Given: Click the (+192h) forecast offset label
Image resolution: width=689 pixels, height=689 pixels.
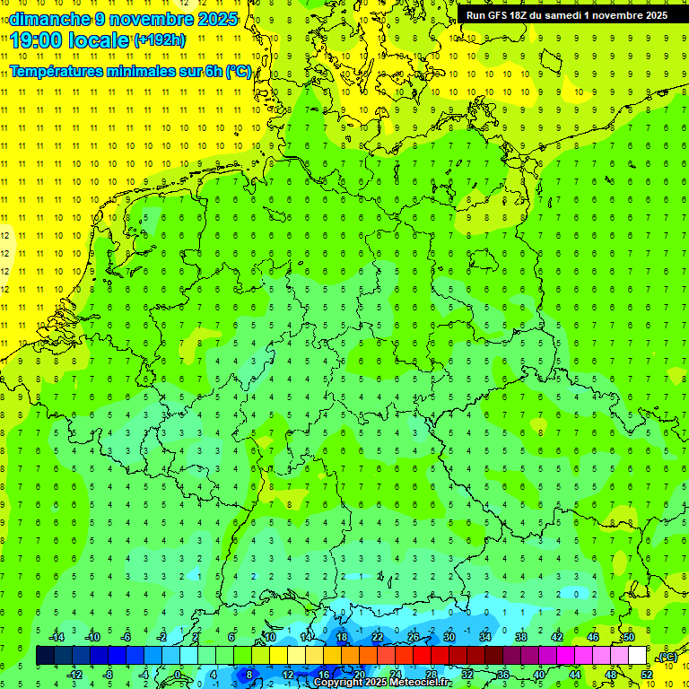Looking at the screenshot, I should (160, 40).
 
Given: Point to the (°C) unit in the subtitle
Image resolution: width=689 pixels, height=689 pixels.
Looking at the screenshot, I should (239, 72).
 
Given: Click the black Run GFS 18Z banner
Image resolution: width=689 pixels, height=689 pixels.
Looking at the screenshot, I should (566, 15).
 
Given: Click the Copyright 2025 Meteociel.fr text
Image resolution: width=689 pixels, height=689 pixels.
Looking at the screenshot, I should (382, 683).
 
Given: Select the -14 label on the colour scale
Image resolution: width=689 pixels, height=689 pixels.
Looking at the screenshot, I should (57, 637).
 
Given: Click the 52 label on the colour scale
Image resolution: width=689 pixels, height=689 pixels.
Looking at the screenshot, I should (647, 675).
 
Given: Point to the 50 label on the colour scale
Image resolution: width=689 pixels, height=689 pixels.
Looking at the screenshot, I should (629, 637).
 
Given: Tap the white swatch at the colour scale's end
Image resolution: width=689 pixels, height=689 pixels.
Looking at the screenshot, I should (637, 656).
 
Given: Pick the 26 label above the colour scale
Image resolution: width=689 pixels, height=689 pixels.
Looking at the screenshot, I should (413, 637).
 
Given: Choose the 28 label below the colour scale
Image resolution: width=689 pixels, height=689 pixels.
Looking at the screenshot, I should (431, 675).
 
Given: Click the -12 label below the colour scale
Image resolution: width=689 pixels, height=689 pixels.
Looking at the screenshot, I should (74, 675).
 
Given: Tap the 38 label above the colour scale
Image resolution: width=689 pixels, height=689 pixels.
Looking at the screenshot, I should (520, 637).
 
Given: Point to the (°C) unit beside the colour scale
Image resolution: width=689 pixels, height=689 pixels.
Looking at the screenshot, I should (667, 658).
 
